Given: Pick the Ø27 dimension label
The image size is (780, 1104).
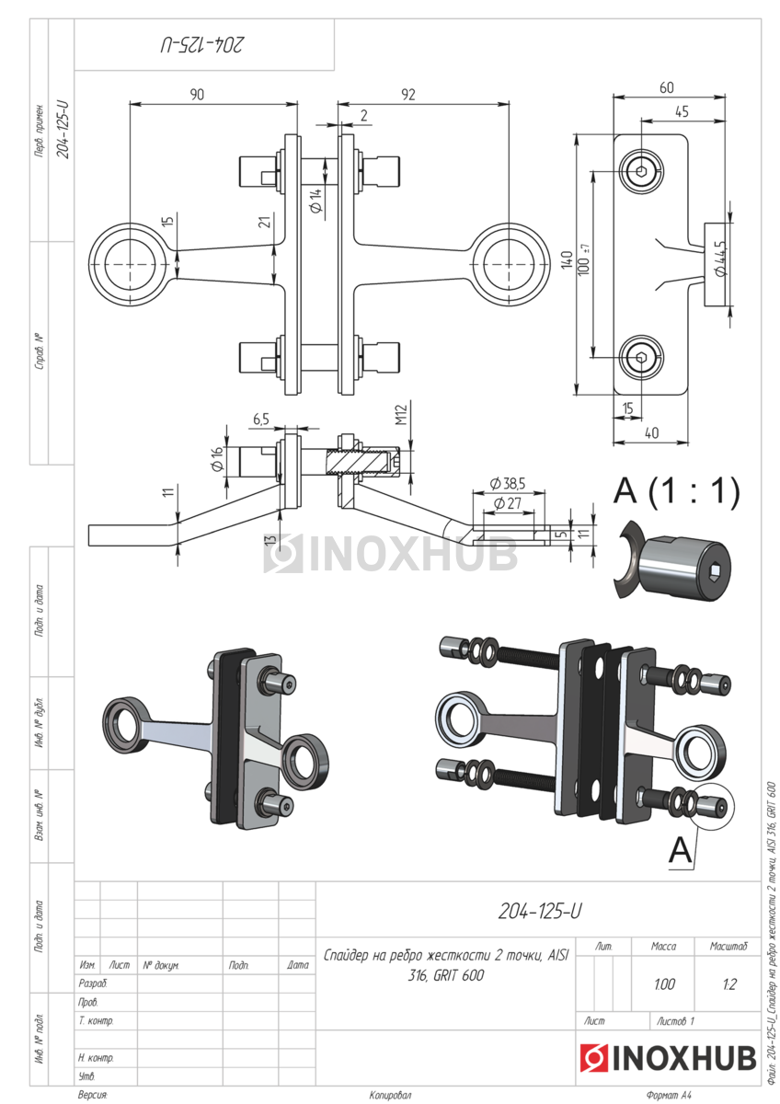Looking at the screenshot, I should pos(507,503).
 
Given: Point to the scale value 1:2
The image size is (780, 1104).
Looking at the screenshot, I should pos(728,984).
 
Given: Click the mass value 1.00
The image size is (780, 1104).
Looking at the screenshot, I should pos(663,984).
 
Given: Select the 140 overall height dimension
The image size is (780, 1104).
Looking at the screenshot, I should pos(568,265).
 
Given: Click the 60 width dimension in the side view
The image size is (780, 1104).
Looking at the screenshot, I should pos(666,87).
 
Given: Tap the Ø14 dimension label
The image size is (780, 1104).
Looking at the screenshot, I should pos(315,201).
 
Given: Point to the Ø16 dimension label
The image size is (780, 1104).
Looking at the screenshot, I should pos(218,459).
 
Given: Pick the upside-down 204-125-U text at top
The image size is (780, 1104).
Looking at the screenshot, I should pos(204,44).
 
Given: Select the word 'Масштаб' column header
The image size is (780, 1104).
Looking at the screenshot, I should pos(728,946).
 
